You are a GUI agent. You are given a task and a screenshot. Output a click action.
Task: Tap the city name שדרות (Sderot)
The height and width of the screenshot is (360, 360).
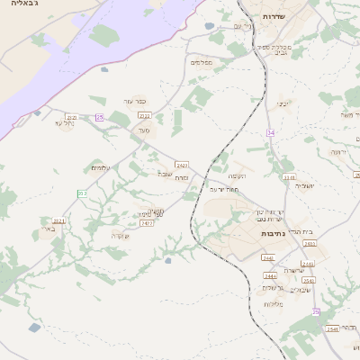[x=274, y=16]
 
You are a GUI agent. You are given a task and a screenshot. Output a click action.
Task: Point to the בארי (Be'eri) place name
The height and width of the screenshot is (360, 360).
[x=47, y=229]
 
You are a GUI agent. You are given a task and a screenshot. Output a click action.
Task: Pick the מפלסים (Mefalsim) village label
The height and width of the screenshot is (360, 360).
[x=200, y=62]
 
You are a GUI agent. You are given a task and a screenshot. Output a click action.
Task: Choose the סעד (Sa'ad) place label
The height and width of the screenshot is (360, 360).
[x=143, y=130]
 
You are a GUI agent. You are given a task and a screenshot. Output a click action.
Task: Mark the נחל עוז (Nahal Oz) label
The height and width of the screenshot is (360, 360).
[x=64, y=123]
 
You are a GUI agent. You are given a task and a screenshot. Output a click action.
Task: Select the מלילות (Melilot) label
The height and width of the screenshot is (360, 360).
[x=274, y=303]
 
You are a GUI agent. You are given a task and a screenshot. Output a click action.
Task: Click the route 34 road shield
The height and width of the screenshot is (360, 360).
[x=270, y=132]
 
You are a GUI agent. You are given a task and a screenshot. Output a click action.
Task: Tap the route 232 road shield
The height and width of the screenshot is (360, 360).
[x=83, y=193]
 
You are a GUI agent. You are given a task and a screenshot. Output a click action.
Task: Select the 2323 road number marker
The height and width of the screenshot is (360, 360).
[x=71, y=117]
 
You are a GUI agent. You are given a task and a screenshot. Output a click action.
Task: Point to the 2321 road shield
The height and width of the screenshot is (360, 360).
[x=59, y=220]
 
